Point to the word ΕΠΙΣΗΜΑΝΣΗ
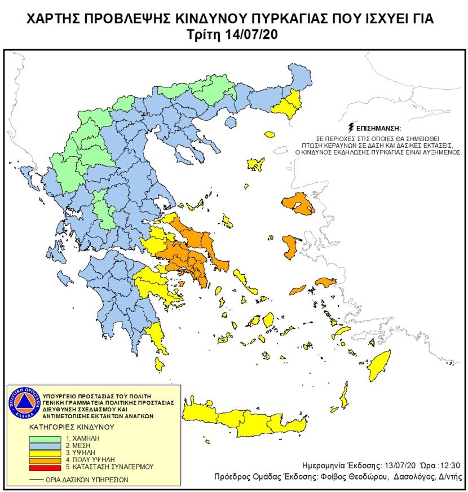[379, 128]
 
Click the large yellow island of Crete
[254, 418]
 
